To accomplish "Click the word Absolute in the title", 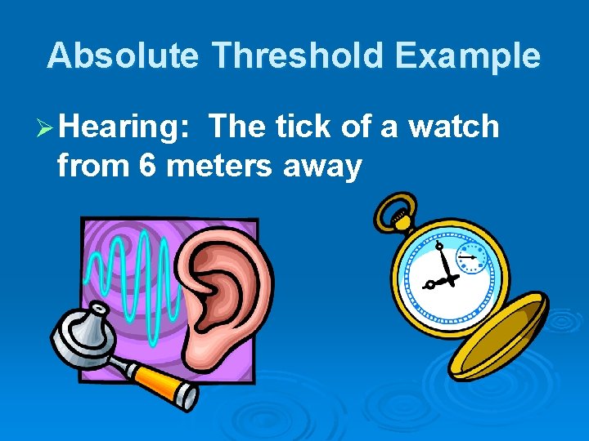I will pyautogui.click(x=122, y=56).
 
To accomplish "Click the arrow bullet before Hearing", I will pyautogui.click(x=47, y=127).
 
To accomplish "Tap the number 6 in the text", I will pyautogui.click(x=148, y=166).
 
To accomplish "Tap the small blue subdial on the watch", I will pyautogui.click(x=470, y=256).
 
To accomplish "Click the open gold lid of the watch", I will pyautogui.click(x=498, y=335).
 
